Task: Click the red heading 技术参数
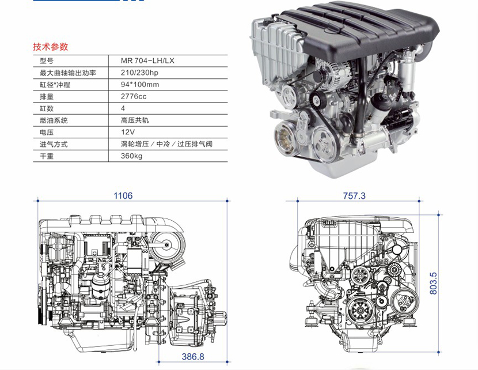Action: tap(50, 47)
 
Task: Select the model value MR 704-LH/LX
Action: tap(147, 61)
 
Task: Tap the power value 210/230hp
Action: tap(139, 73)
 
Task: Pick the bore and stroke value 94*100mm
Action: tap(139, 85)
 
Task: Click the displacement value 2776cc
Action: tap(134, 96)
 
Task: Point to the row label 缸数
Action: tap(47, 108)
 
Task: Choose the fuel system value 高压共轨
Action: tap(135, 120)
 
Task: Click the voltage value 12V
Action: tap(128, 132)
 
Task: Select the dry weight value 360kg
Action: tap(131, 156)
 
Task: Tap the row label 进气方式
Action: tap(54, 144)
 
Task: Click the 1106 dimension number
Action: tap(123, 195)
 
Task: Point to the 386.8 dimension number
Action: tap(193, 356)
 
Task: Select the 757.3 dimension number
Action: tap(354, 195)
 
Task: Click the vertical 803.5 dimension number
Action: tap(433, 284)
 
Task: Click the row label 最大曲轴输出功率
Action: tap(68, 73)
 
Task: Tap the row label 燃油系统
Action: tap(54, 120)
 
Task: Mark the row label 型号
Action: tap(47, 61)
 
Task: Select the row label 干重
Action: tap(47, 156)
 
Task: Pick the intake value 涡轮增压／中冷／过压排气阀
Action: tap(166, 144)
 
